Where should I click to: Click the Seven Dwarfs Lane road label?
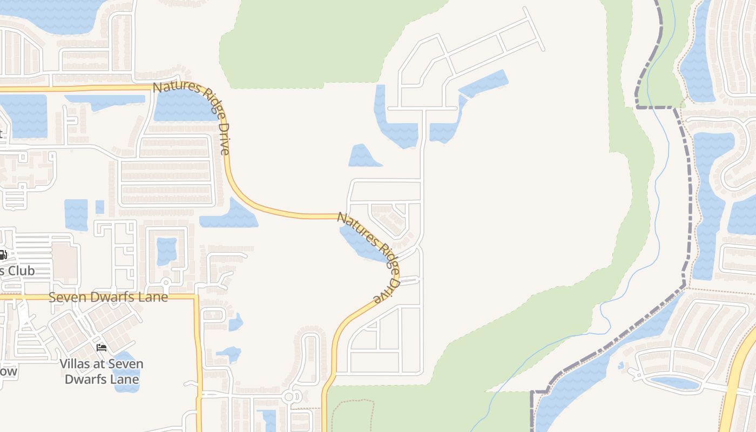[x=108, y=297]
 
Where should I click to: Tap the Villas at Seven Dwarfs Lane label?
[x=102, y=372]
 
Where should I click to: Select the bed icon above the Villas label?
[x=101, y=347]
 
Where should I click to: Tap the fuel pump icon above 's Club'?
[x=3, y=255]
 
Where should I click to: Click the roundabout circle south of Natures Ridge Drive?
[x=289, y=397]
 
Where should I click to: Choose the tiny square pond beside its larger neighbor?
[x=100, y=207]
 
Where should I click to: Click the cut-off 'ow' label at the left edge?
[x=9, y=372]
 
